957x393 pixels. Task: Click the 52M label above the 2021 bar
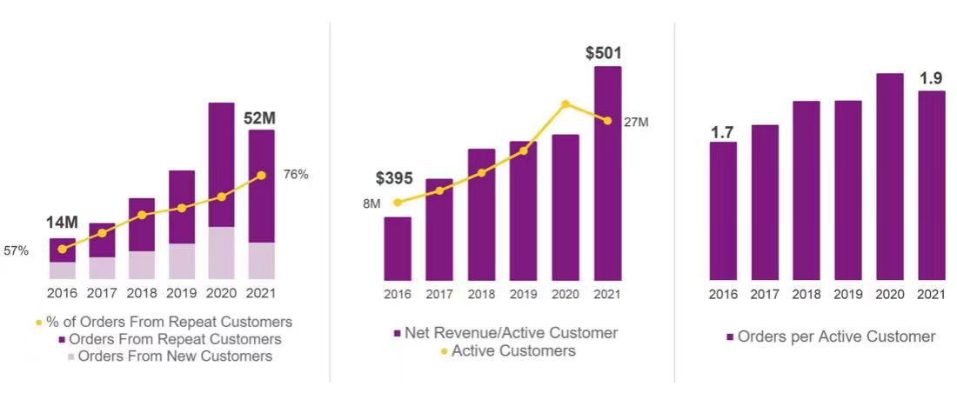(x=262, y=118)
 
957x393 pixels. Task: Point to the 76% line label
(x=296, y=175)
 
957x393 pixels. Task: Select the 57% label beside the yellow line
(x=17, y=251)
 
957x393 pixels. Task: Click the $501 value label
(x=605, y=54)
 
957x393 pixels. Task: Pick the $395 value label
(x=396, y=178)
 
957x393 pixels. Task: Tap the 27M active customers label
(x=637, y=123)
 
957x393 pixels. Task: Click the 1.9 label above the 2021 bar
(x=931, y=79)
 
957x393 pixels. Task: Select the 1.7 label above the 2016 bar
(x=722, y=132)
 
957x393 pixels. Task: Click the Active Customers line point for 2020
(x=565, y=104)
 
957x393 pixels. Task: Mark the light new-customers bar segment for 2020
(x=222, y=252)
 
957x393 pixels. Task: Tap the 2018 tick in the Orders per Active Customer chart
(x=806, y=295)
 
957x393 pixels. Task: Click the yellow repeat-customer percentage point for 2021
(x=262, y=176)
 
